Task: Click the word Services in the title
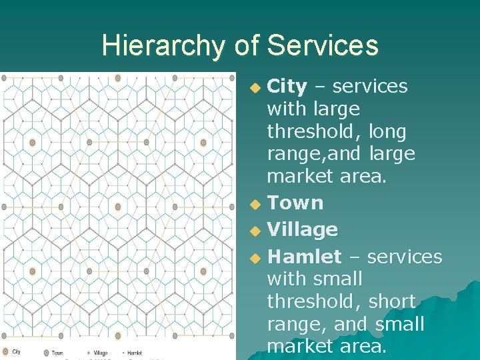pos(323,46)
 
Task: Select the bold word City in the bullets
pos(287,87)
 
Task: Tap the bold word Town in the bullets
pos(295,203)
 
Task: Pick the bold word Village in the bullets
pos(302,229)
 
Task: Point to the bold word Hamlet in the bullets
pos(303,257)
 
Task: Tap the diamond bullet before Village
pos(255,231)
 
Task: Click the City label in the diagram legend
pos(17,352)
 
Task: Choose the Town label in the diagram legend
pos(57,353)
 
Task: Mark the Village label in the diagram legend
pos(101,353)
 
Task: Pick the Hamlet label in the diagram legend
pos(134,353)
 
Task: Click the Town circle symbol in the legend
pos(46,353)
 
